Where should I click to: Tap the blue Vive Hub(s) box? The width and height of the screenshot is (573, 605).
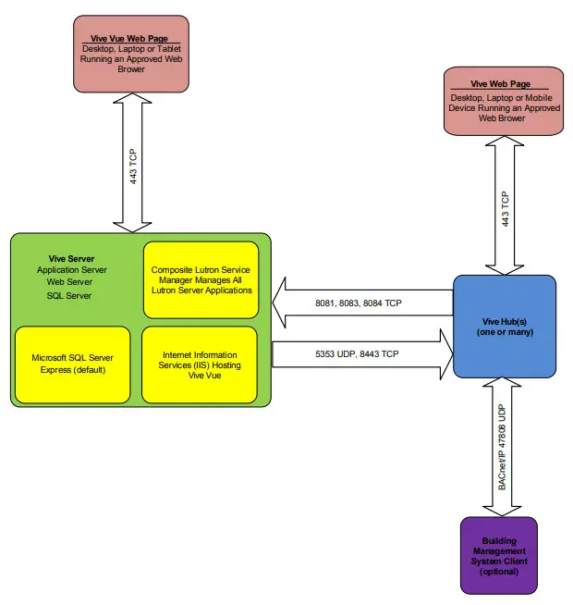pos(504,326)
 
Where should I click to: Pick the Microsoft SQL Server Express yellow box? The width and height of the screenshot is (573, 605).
pos(72,364)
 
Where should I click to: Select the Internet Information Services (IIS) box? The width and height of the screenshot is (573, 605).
pos(200,364)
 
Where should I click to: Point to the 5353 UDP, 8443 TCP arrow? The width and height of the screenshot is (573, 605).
pos(360,352)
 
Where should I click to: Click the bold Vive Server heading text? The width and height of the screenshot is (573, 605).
pos(71,258)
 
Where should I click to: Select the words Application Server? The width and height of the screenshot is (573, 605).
pos(72,270)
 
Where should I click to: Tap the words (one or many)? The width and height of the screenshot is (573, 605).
pos(505,332)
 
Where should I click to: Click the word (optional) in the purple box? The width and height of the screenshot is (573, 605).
pos(499,573)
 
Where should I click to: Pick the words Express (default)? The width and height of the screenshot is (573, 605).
pos(72,370)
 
